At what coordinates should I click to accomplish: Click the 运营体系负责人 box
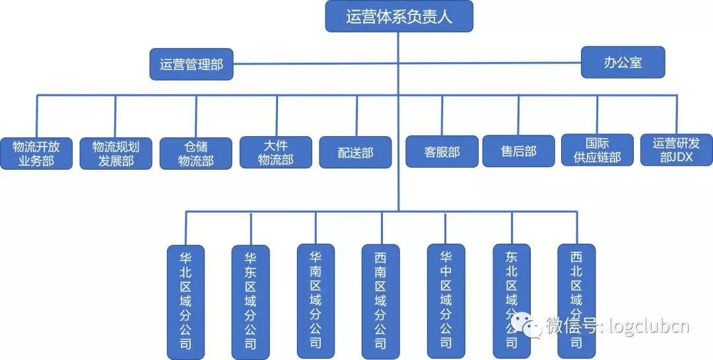tap(399, 17)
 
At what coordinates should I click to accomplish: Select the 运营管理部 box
tap(191, 65)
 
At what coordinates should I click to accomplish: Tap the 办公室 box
tap(623, 63)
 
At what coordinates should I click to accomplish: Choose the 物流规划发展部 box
tap(116, 153)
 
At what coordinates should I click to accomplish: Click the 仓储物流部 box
tap(196, 153)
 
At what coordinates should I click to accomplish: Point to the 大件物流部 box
tap(275, 152)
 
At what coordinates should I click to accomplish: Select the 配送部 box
tap(355, 153)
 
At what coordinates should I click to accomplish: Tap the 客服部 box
tap(442, 152)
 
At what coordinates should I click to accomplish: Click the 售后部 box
tap(518, 151)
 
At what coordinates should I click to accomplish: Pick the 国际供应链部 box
tap(597, 151)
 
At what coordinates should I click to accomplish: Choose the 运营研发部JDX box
tap(677, 151)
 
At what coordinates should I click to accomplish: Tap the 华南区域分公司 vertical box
tap(316, 301)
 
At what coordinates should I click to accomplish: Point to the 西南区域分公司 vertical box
tap(380, 301)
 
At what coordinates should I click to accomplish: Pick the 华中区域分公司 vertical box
tap(446, 301)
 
